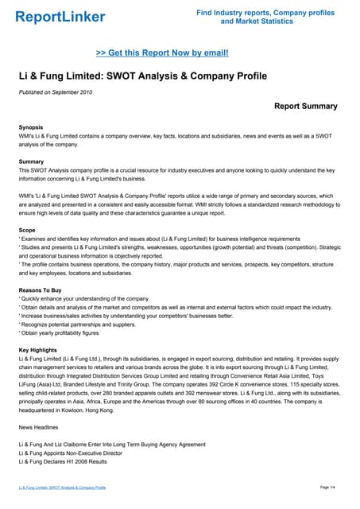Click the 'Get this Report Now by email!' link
pos(162,52)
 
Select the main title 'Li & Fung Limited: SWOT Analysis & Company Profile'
pos(143,76)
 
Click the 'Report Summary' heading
pos(305,107)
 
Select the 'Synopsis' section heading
pos(31,127)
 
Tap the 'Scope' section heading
pos(28,231)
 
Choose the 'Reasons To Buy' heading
pos(41,290)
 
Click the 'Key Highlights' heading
pos(39,351)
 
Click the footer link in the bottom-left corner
pos(62,487)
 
